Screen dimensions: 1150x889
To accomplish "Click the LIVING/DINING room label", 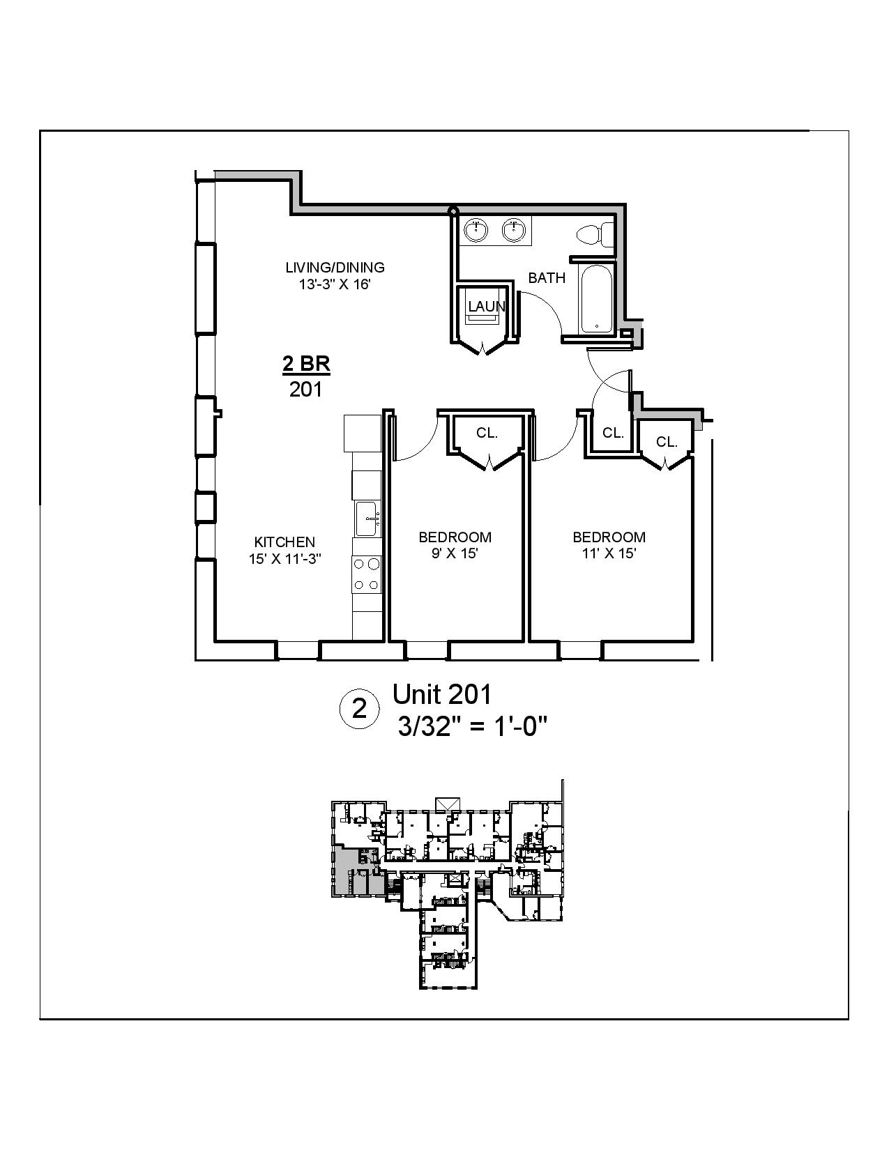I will [x=335, y=267].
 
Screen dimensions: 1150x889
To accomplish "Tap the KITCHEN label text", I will [x=284, y=542].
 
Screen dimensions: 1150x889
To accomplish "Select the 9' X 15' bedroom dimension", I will [x=455, y=553].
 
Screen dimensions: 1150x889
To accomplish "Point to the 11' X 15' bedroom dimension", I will [x=609, y=553].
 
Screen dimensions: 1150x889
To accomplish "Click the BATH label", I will [x=546, y=278].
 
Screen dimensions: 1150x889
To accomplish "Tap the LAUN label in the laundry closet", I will [x=486, y=306].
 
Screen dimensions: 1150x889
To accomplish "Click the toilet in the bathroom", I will [x=594, y=234].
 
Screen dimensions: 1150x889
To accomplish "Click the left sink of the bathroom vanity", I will [x=476, y=230].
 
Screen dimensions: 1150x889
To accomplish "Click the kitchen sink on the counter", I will [x=367, y=519].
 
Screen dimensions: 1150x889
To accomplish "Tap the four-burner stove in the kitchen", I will [x=367, y=574].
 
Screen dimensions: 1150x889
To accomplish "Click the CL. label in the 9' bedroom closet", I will [x=487, y=433].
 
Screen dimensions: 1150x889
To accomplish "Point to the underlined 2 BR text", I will [x=305, y=364].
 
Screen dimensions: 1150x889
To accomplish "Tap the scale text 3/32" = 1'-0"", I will [x=471, y=727].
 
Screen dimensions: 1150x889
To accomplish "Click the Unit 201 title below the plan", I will [x=442, y=694].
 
